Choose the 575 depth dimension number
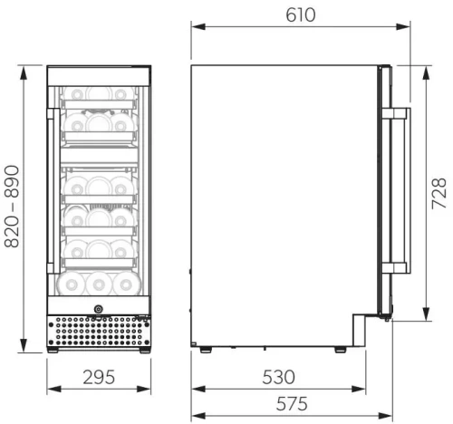click(286, 402)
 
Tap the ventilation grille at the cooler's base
click(97, 332)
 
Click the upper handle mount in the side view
click(396, 115)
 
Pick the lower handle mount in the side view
click(396, 268)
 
